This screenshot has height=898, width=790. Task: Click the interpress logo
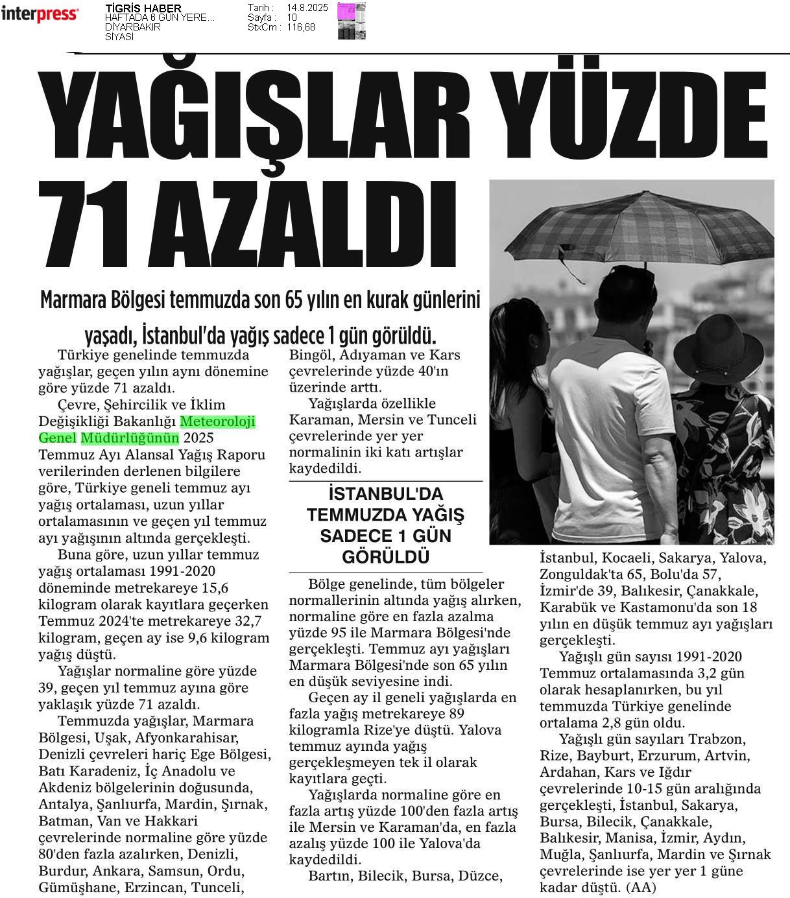click(40, 14)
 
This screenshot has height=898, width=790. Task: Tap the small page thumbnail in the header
click(351, 21)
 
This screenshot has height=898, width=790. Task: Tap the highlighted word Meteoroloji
click(218, 422)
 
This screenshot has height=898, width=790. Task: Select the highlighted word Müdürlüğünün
click(130, 438)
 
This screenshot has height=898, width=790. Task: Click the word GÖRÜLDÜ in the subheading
click(385, 557)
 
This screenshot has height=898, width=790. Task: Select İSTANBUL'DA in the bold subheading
click(385, 494)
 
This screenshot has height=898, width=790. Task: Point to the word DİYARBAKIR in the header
click(132, 27)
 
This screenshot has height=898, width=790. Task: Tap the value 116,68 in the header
click(301, 27)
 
